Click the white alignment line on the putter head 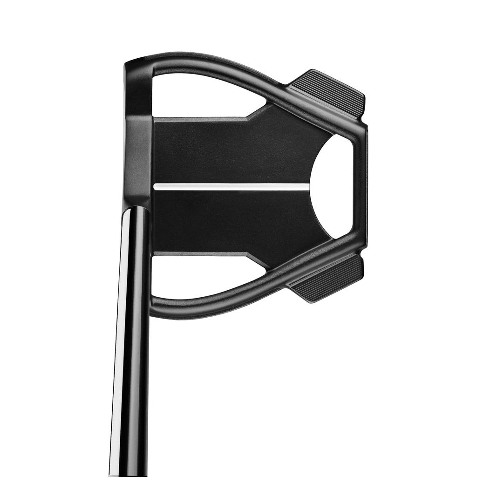coord(231,186)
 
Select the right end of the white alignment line coord(307,186)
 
